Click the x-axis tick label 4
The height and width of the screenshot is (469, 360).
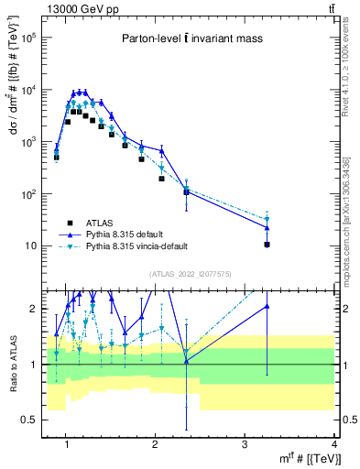click(334, 444)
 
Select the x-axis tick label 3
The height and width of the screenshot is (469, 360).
click(245, 444)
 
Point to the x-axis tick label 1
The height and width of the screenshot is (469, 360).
click(66, 444)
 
